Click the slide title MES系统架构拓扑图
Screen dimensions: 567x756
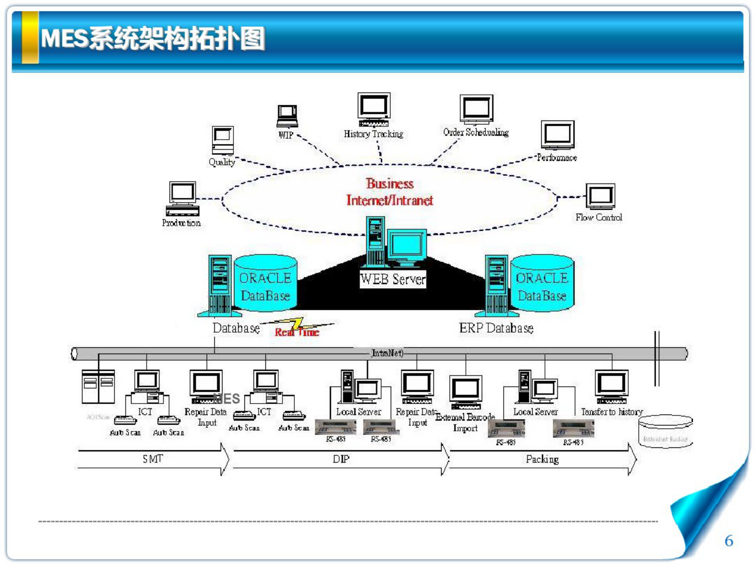152,38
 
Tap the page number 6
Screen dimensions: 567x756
728,541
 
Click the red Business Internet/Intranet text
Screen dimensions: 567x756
390,192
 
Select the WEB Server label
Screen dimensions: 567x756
393,279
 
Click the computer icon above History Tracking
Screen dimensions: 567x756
374,108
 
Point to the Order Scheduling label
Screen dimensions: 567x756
476,132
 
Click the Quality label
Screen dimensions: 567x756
222,162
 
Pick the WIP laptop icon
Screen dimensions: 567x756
288,116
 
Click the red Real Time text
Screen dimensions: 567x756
297,332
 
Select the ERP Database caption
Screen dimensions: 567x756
496,328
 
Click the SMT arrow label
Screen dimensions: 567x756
153,459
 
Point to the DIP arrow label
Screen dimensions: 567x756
341,459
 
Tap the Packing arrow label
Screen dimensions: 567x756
542,459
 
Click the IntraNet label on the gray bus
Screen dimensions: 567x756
387,353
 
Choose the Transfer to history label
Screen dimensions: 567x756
612,412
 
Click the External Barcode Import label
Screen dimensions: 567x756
465,422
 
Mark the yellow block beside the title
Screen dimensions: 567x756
30,37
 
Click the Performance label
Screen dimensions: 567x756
557,158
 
